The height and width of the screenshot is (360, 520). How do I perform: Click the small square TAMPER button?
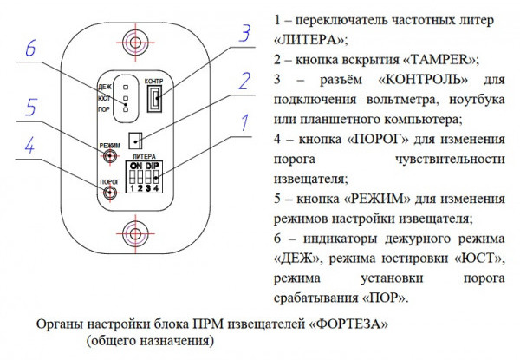click(x=135, y=139)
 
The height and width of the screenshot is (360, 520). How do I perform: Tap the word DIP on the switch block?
click(x=153, y=163)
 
